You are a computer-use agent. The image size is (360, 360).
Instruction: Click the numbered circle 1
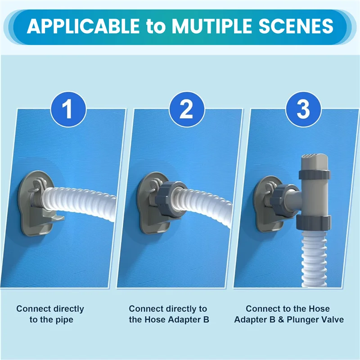68,109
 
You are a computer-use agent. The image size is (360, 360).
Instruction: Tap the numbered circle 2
187,109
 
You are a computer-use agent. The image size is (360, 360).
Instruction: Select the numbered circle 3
303,109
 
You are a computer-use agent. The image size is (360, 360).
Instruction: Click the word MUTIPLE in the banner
212,26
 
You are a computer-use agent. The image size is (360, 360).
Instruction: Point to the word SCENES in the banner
296,26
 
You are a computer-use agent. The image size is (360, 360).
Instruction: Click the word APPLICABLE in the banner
83,26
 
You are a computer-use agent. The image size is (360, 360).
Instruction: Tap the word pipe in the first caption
64,320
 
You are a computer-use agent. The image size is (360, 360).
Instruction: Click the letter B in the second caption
206,319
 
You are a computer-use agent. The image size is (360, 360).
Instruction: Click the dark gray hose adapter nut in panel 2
170,199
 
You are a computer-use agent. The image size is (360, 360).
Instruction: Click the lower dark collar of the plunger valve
313,223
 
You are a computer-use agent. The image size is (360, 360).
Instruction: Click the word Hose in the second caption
157,319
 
